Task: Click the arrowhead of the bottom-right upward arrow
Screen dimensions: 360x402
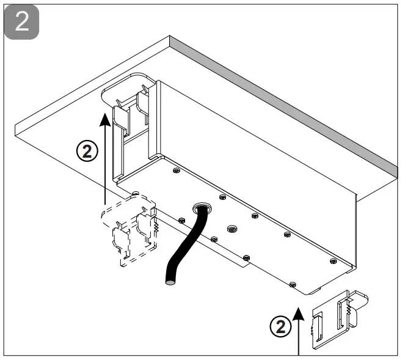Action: point(299,313)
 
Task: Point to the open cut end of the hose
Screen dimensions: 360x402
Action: point(169,283)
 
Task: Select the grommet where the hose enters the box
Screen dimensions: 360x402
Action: point(200,208)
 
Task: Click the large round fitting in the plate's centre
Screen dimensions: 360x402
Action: point(231,229)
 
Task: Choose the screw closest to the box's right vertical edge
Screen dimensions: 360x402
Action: point(333,261)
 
